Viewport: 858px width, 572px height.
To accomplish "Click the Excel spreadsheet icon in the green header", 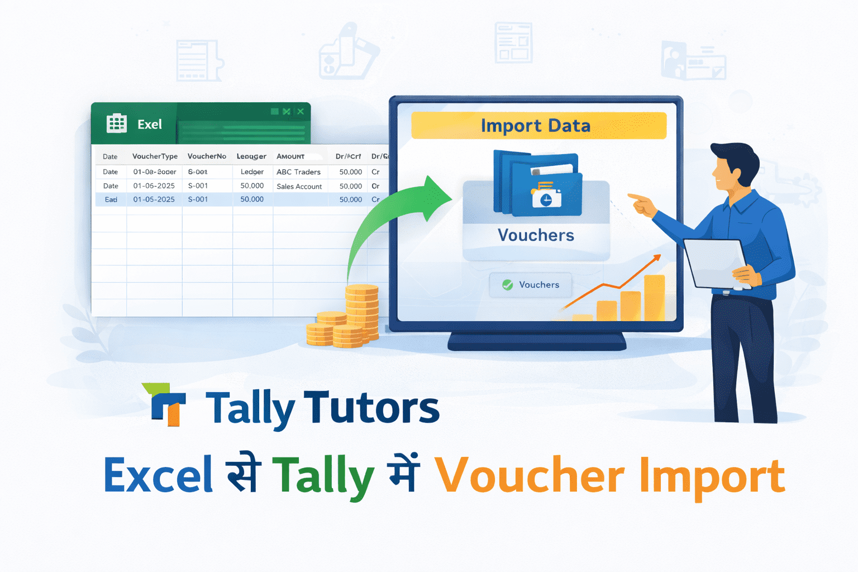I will point(116,123).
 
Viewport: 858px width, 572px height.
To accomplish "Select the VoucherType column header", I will point(155,156).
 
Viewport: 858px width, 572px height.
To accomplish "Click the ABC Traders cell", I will point(298,172).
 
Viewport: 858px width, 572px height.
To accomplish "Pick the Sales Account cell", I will point(299,187).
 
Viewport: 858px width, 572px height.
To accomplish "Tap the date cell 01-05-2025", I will point(154,199).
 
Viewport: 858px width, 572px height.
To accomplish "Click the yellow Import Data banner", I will point(538,126).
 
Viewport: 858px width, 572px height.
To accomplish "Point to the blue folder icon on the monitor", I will point(537,184).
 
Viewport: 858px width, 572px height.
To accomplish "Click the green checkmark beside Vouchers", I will point(507,285).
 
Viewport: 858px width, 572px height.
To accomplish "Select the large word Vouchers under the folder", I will point(536,235).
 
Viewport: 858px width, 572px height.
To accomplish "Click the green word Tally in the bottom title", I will point(323,476).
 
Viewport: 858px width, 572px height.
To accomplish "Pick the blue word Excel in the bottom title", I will point(159,476).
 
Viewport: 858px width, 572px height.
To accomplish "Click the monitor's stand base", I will point(536,342).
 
